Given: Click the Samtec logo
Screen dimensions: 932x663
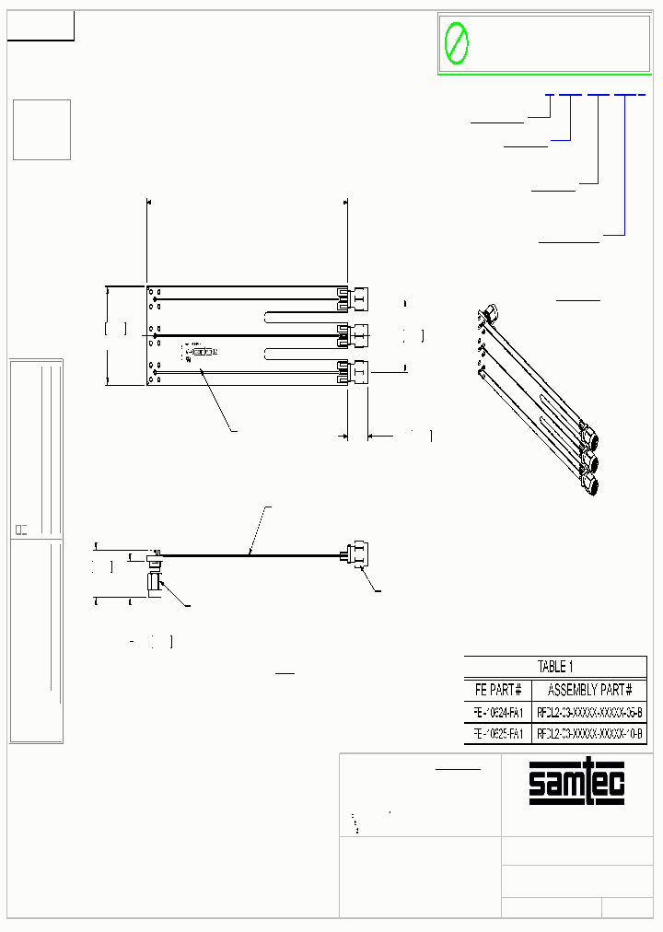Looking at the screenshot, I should [576, 784].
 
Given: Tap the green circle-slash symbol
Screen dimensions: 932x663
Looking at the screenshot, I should [456, 43].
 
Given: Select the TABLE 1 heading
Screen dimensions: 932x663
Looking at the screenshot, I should [555, 667].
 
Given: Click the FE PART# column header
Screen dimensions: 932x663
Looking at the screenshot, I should [498, 690].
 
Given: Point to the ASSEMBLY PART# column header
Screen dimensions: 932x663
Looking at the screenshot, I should [589, 690].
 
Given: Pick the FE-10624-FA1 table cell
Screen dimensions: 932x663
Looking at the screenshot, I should [498, 712].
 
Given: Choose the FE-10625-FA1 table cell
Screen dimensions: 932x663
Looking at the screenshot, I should [498, 733].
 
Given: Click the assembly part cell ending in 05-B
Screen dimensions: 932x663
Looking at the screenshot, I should [589, 712].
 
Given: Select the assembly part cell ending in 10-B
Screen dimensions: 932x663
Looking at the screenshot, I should [589, 733].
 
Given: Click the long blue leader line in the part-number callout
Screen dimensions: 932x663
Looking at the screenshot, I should [625, 166].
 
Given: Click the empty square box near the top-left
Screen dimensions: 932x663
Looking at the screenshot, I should [41, 129].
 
